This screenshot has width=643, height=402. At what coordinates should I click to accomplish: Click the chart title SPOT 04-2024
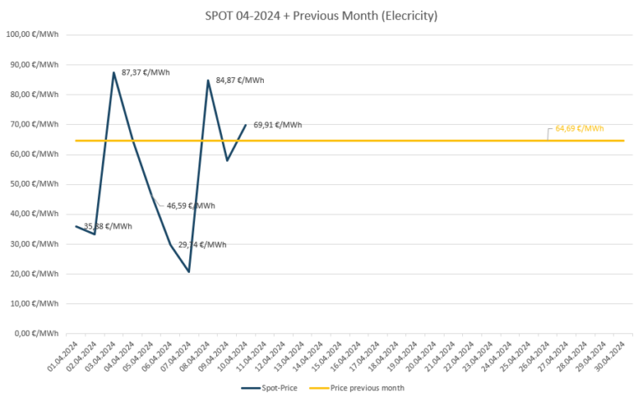pyautogui.click(x=321, y=15)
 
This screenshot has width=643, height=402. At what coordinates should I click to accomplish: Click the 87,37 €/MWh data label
pyautogui.click(x=146, y=73)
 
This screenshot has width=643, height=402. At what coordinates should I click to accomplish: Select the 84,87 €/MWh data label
pyautogui.click(x=239, y=80)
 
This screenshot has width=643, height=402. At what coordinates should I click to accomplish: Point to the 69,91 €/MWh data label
pyautogui.click(x=277, y=125)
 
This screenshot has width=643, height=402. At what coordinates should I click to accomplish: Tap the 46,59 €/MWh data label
pyautogui.click(x=190, y=205)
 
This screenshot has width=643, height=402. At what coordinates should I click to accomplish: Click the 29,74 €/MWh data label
pyautogui.click(x=202, y=245)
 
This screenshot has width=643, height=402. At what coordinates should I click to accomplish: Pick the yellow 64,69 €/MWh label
pyautogui.click(x=579, y=128)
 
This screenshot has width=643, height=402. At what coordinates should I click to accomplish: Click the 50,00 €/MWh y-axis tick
pyautogui.click(x=32, y=184)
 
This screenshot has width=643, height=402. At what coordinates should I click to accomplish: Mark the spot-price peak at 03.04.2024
pyautogui.click(x=114, y=73)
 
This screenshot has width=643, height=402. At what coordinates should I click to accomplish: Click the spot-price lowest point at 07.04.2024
pyautogui.click(x=189, y=271)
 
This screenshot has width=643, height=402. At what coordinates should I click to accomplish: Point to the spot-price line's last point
pyautogui.click(x=246, y=125)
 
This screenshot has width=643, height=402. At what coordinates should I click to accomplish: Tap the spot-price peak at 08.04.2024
pyautogui.click(x=208, y=80)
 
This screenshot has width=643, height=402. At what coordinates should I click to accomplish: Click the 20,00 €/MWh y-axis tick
pyautogui.click(x=32, y=274)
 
